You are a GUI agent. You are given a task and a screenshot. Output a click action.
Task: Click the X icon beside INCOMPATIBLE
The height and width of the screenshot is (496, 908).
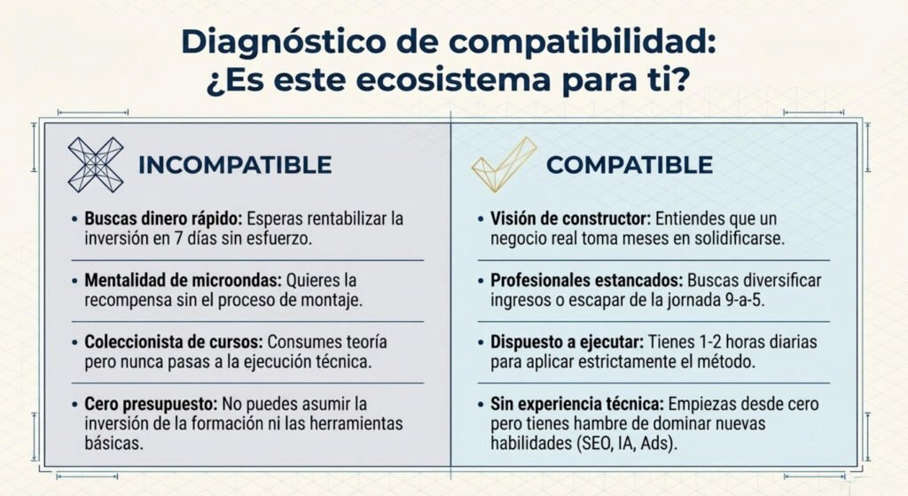tap(96, 164)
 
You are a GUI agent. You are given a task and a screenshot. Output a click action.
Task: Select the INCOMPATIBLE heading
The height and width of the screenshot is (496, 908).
tap(234, 165)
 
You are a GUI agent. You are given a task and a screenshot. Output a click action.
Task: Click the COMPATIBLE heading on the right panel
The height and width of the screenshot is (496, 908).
tap(630, 165)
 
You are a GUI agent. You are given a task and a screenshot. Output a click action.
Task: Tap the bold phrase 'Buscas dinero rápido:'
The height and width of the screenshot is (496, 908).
tap(163, 219)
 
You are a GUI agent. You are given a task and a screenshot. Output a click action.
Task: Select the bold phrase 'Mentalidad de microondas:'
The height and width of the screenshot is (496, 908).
tap(183, 280)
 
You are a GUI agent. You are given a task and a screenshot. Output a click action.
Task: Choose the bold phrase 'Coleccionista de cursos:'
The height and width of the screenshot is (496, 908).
tap(174, 342)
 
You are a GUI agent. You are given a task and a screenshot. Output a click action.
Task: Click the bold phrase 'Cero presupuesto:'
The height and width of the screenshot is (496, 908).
tap(151, 404)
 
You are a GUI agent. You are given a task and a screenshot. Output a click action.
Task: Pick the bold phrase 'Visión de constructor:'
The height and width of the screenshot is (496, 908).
tap(571, 219)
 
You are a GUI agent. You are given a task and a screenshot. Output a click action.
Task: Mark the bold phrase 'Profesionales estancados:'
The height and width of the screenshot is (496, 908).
tap(587, 280)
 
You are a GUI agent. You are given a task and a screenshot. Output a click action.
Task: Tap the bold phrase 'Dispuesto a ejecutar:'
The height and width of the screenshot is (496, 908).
tap(567, 342)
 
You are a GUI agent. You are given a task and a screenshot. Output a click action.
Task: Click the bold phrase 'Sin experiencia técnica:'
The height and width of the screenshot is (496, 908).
tap(577, 404)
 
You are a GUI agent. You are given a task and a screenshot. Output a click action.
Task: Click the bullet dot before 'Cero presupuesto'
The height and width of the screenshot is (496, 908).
tap(74, 405)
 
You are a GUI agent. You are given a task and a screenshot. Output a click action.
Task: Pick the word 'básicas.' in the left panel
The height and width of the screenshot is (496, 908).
tap(113, 444)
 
